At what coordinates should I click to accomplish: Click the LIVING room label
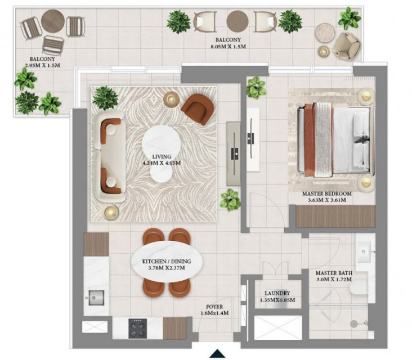tap(162, 157)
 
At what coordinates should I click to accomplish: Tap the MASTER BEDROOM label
tap(326, 194)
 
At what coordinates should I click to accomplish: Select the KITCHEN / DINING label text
tap(167, 262)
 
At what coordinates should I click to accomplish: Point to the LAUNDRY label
tap(277, 293)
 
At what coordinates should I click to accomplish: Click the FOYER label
tap(214, 307)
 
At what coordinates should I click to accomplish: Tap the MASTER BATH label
tap(334, 273)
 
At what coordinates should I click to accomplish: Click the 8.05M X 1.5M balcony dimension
tap(228, 47)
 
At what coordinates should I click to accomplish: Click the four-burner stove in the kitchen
tap(137, 328)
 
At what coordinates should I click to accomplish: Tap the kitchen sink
tap(96, 298)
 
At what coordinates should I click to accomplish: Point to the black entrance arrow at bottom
tap(217, 353)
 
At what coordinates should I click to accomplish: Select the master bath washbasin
tap(364, 252)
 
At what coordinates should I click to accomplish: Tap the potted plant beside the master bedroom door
tap(230, 200)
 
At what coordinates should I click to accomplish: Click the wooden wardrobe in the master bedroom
tap(335, 217)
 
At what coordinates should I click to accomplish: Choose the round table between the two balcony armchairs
tap(238, 21)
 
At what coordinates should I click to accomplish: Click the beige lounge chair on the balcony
tap(347, 45)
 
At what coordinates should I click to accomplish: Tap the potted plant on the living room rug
tap(105, 98)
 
